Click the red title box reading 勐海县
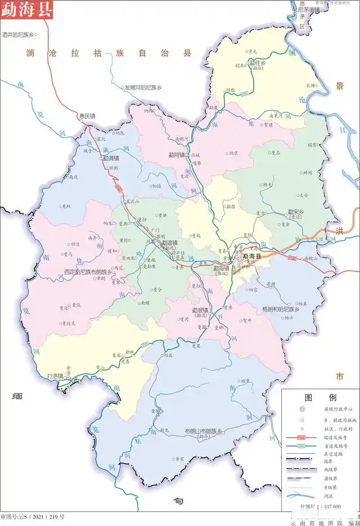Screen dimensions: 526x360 pyautogui.click(x=26, y=10)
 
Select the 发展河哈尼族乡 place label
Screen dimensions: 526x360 pyautogui.click(x=143, y=88)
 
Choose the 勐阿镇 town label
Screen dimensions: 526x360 pyautogui.click(x=177, y=155)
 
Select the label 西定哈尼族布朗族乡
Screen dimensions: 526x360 pyautogui.click(x=88, y=271)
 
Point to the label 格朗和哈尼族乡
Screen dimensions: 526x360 pyautogui.click(x=281, y=309)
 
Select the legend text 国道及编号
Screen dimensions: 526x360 pyautogui.click(x=333, y=437)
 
